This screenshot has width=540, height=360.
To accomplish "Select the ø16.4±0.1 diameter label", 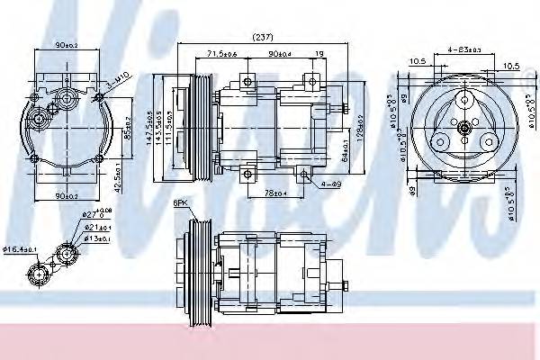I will point(21,248).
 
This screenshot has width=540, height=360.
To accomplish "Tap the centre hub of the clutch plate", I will point(463,131).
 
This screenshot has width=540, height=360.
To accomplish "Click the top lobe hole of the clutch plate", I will point(463,102).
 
